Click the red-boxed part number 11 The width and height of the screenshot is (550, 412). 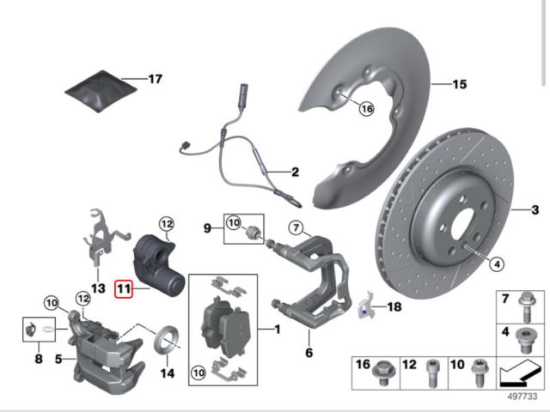tap(125, 291)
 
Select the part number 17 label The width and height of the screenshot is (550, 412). tap(155, 80)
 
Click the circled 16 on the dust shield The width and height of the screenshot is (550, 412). tap(367, 109)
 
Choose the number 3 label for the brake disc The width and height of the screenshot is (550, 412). tap(535, 209)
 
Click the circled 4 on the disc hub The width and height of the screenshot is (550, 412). tap(496, 266)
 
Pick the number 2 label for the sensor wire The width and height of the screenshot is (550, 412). tap(294, 172)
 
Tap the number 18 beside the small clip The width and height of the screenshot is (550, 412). tap(394, 306)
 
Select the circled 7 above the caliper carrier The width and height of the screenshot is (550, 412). tap(295, 228)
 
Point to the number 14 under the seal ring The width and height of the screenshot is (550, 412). tap(167, 373)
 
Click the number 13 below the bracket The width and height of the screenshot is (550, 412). tap(98, 288)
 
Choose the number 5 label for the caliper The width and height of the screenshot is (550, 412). tap(58, 359)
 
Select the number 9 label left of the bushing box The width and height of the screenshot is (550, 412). tap(207, 229)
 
